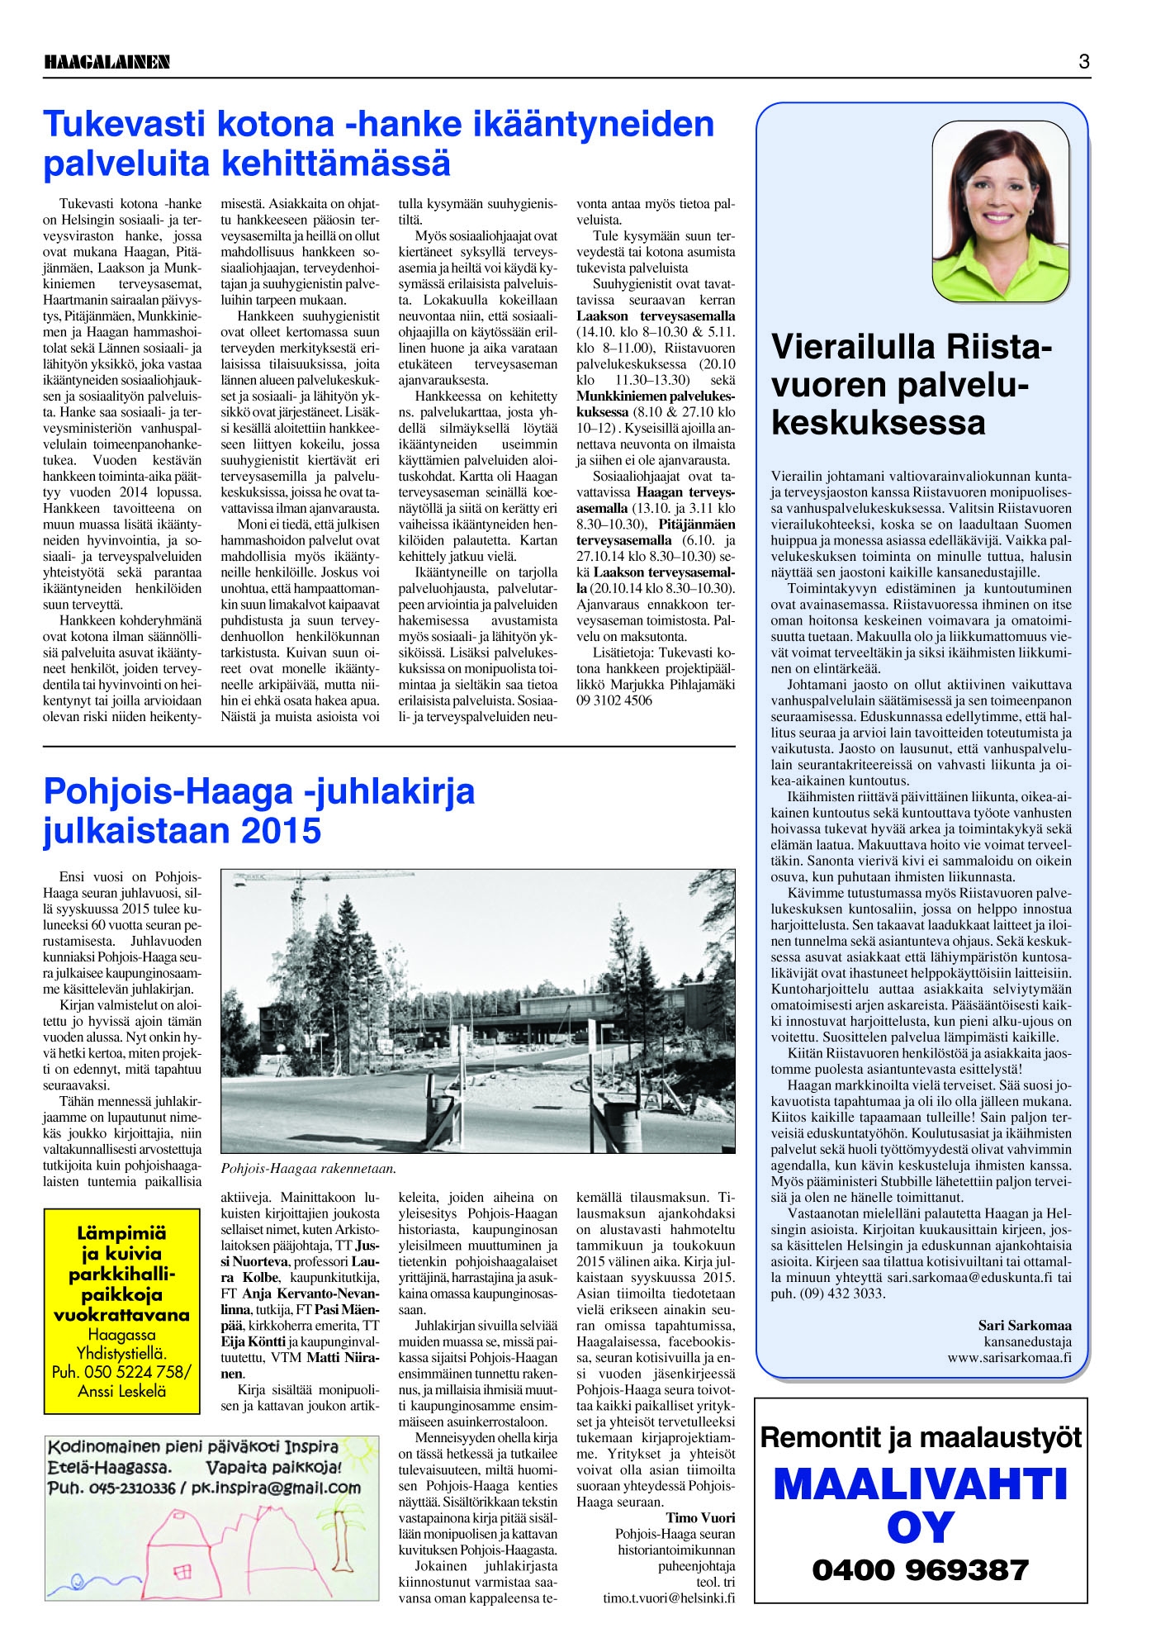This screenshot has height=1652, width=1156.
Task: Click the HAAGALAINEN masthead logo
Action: click(x=107, y=62)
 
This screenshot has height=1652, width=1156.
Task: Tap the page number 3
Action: click(x=1083, y=62)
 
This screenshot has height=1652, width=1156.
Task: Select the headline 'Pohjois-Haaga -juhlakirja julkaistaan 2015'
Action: click(x=259, y=810)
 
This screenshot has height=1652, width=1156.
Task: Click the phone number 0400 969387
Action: click(x=921, y=1570)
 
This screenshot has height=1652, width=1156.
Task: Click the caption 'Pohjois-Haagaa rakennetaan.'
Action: click(x=309, y=1169)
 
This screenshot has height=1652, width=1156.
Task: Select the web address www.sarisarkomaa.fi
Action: click(x=1009, y=1355)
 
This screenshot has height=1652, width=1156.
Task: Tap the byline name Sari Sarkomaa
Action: click(x=1025, y=1325)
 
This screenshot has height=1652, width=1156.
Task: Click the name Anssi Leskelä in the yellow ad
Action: click(x=122, y=1391)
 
